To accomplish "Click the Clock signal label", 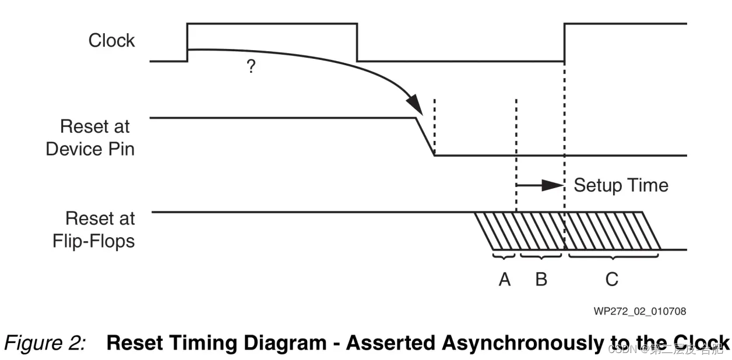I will click(111, 41).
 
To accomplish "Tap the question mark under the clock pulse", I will click(251, 67).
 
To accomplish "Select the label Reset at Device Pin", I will click(90, 137).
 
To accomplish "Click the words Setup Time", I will click(621, 185).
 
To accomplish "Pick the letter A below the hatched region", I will click(505, 280).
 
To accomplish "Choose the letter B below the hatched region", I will click(541, 280).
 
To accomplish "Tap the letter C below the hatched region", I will click(611, 280).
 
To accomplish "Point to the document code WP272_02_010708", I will click(639, 311).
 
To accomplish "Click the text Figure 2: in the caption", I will click(46, 343).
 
